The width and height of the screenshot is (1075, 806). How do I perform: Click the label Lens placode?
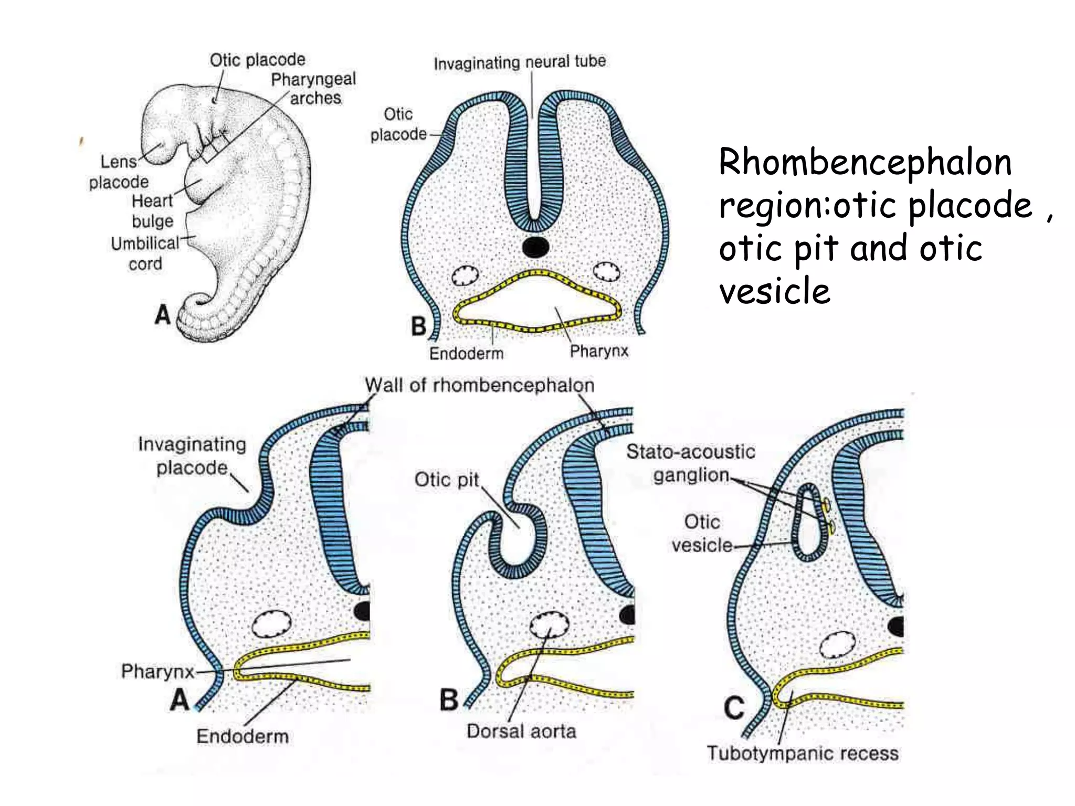click(119, 172)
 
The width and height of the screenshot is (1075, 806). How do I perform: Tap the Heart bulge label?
click(152, 211)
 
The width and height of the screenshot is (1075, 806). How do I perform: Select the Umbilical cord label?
click(145, 253)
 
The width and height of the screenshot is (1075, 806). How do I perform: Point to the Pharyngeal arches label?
click(314, 89)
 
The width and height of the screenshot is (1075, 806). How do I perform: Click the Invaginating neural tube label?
click(520, 62)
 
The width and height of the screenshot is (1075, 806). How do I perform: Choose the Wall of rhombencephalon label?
click(479, 385)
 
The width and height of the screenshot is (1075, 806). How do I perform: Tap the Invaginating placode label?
click(192, 455)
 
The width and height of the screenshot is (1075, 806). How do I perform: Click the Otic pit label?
click(447, 480)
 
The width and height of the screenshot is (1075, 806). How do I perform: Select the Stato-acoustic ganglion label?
click(691, 463)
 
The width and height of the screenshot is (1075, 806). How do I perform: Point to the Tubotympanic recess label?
click(803, 753)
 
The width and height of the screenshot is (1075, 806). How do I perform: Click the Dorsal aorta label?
click(521, 731)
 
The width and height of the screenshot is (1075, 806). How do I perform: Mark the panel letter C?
click(734, 708)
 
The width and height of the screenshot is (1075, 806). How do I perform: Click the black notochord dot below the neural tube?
click(536, 247)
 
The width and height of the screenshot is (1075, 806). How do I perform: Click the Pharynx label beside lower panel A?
click(157, 671)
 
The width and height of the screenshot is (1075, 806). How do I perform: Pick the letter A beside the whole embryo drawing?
click(163, 315)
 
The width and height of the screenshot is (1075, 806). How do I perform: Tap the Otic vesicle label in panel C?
click(702, 533)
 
